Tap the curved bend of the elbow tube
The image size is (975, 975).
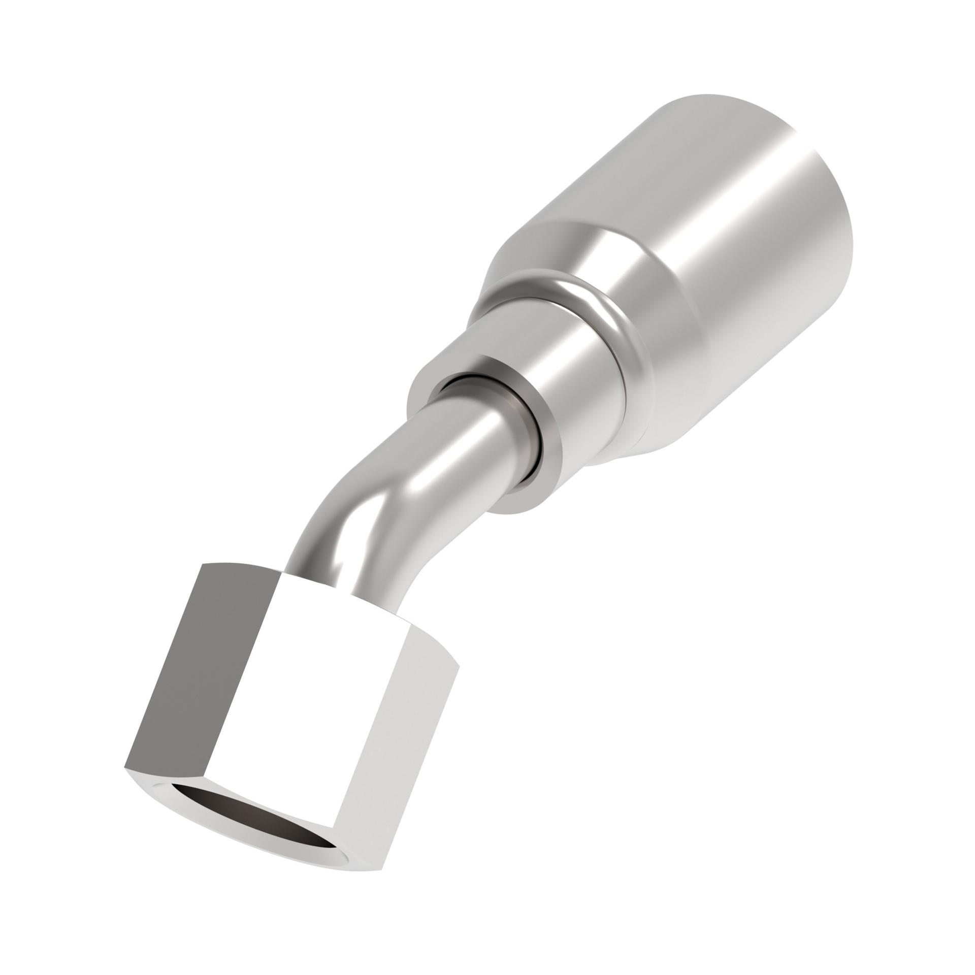click(x=355, y=498)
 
